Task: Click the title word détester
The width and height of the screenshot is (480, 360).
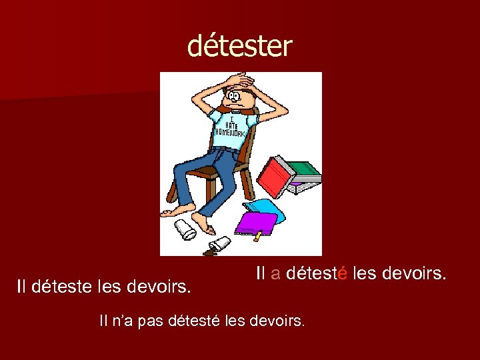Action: (x=239, y=46)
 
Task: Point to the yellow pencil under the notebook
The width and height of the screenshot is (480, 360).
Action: (x=257, y=235)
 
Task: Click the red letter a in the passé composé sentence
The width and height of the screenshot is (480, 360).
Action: (x=275, y=273)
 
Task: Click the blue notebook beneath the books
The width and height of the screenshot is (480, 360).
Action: (x=267, y=206)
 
